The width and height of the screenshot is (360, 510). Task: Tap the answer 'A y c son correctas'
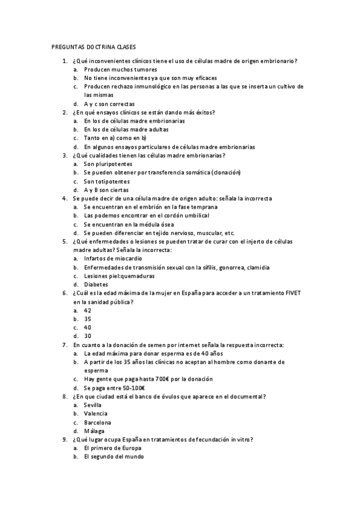[x=109, y=103]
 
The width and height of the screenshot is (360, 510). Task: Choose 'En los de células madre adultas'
[x=126, y=129]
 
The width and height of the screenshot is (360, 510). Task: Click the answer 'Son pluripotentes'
[x=108, y=164]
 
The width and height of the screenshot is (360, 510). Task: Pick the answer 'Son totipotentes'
[x=106, y=181]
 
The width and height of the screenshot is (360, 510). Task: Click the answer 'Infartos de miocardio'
[x=113, y=259]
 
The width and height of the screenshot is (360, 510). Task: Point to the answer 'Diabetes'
[x=96, y=284]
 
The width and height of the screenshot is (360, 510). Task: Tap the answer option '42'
[x=88, y=310]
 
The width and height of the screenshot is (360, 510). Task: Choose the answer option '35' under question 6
[x=88, y=319]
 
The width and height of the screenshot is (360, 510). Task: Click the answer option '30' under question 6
[x=88, y=336]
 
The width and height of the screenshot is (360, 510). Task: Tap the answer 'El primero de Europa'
[x=113, y=449]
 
